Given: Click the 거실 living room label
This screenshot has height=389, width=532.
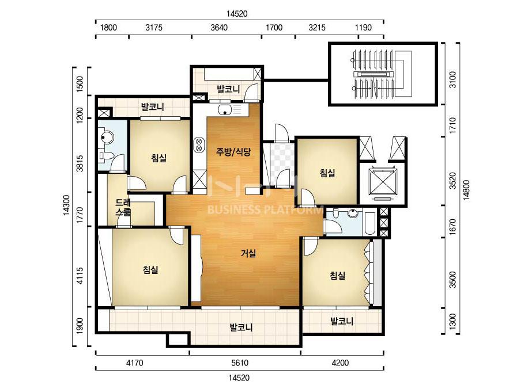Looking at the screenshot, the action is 248,253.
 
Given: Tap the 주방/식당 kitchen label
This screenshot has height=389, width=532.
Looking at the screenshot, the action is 233,151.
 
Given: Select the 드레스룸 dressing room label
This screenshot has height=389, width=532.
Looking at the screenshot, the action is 123,207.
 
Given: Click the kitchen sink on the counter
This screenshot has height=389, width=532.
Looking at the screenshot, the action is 225,109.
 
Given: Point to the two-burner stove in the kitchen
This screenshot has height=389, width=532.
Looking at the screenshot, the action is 199,144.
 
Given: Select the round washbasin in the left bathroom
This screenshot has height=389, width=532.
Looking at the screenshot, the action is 107,137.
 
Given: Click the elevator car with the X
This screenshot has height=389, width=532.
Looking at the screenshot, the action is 383,183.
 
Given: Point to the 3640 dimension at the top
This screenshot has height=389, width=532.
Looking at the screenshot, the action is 219,28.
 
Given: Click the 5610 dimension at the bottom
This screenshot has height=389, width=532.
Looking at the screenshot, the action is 240,363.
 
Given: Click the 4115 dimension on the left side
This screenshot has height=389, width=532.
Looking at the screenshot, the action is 80,276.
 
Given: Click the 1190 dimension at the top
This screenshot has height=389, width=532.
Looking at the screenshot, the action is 363,28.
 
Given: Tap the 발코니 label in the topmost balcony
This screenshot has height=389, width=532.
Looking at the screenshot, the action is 228,89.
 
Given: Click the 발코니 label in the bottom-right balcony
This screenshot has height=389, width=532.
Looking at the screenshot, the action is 342,321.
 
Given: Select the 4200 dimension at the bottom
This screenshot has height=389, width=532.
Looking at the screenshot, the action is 340,363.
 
